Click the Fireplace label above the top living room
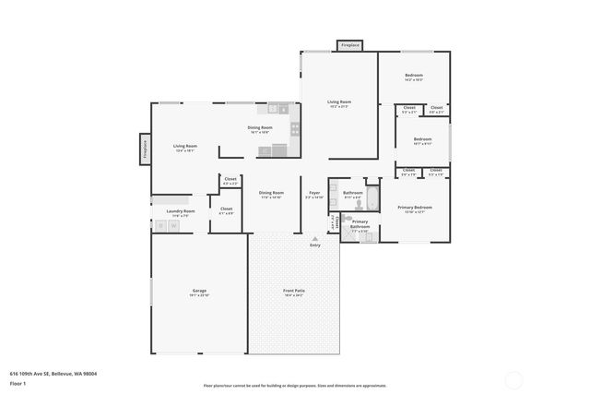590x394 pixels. (349, 44)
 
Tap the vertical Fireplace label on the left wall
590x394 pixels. (145, 149)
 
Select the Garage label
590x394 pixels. (199, 292)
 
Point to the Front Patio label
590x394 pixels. (294, 292)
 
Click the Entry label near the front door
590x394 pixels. (315, 245)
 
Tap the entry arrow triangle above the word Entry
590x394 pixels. (315, 239)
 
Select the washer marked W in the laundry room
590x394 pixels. (172, 225)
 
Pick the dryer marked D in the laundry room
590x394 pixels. (160, 225)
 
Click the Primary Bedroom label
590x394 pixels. (415, 208)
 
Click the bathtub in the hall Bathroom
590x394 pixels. (372, 198)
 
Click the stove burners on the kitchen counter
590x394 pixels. (295, 128)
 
